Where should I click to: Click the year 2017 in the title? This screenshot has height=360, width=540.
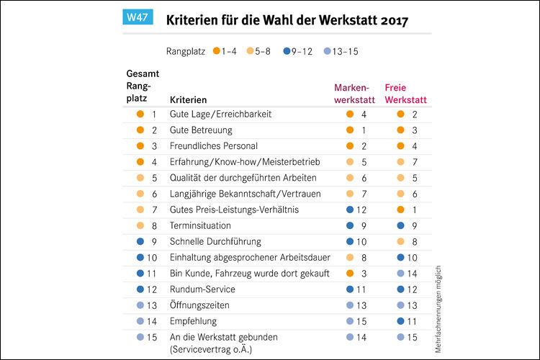point(392,19)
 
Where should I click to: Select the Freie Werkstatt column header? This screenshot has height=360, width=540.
point(405,92)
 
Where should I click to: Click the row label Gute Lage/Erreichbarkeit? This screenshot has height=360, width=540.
point(220,114)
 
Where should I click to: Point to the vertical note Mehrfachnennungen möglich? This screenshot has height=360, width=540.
point(438,310)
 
